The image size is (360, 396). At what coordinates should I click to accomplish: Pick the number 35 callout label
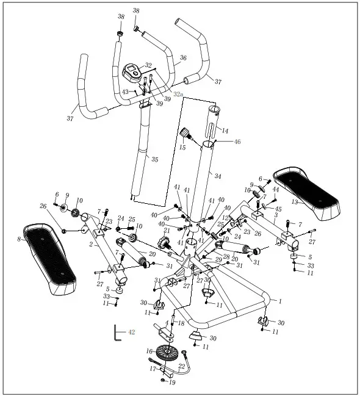[154, 160]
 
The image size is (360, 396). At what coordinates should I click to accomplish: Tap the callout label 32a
[178, 95]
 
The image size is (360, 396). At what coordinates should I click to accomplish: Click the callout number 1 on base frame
[280, 301]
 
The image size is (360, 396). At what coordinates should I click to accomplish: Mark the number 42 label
[131, 332]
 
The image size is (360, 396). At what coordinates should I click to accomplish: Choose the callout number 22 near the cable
[181, 365]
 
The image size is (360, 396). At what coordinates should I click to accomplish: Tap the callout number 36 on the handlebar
[183, 58]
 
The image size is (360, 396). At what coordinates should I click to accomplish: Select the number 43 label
[125, 92]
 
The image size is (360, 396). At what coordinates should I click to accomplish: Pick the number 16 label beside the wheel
[149, 351]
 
